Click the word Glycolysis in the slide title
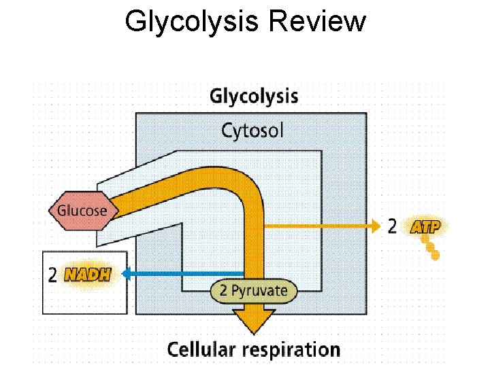point(193,22)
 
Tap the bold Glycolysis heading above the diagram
point(253,96)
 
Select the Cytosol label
point(252,130)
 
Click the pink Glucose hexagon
point(81,210)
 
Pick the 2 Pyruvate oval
point(253,292)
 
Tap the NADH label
point(96,275)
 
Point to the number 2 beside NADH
point(53,275)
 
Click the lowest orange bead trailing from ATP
point(436,256)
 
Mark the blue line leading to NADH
point(184,274)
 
